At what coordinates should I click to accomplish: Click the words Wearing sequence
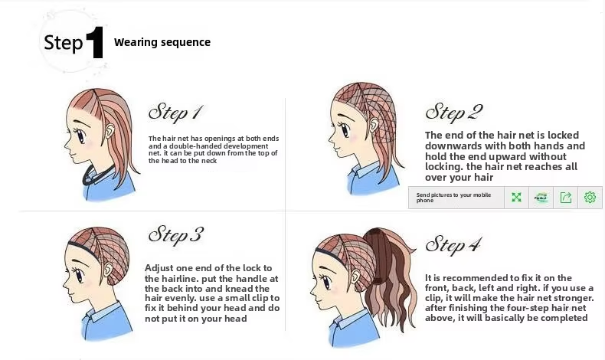pyautogui.click(x=162, y=42)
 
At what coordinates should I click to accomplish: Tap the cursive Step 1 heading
pyautogui.click(x=175, y=113)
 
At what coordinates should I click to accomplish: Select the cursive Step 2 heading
pyautogui.click(x=454, y=112)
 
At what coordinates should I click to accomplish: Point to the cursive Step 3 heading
pyautogui.click(x=176, y=235)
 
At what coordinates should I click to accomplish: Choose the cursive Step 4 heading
pyautogui.click(x=453, y=244)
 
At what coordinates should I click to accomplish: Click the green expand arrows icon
pyautogui.click(x=516, y=198)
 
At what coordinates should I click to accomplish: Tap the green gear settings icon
pyautogui.click(x=590, y=198)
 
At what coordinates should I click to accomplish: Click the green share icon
pyautogui.click(x=566, y=198)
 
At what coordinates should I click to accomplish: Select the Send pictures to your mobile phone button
pyautogui.click(x=456, y=198)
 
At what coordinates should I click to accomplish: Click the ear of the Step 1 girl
pyautogui.click(x=110, y=131)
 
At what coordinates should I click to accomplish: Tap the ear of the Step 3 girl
pyautogui.click(x=109, y=268)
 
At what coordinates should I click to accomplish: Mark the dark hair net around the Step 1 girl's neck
pyautogui.click(x=96, y=176)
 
